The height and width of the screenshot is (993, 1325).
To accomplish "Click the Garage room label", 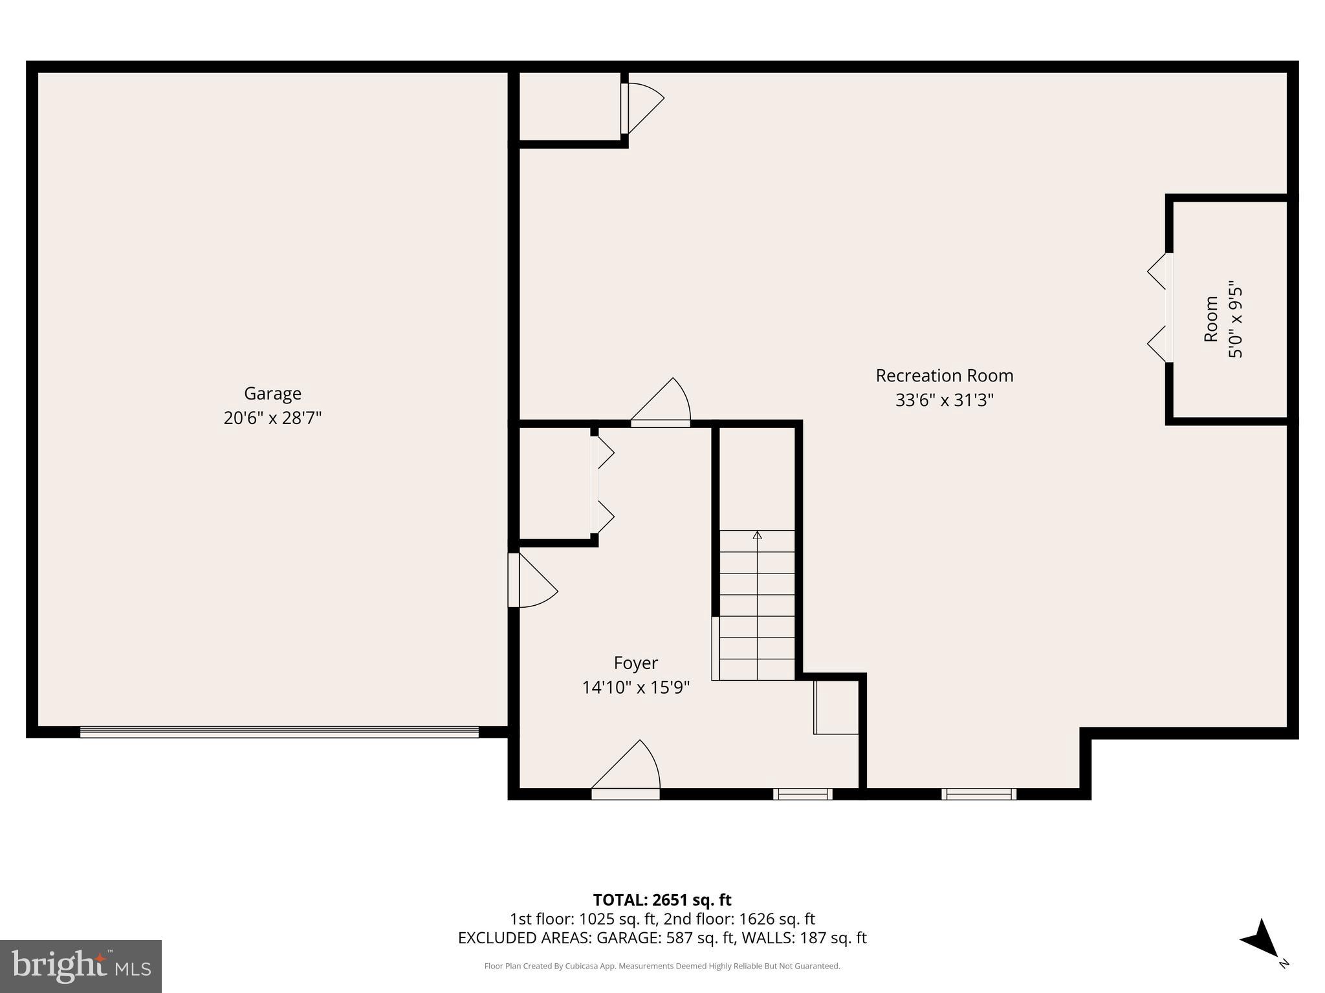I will click(x=272, y=393).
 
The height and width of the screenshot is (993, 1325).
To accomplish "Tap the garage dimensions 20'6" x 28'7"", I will click(x=272, y=418).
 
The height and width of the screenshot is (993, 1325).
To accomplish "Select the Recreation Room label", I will click(x=944, y=376).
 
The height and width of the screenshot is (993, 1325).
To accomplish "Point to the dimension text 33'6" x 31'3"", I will click(x=944, y=400).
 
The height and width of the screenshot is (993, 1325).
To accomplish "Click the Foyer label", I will click(x=635, y=663).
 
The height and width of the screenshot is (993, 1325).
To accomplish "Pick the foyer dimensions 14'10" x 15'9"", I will click(x=635, y=687).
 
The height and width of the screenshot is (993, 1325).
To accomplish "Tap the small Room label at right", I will click(x=1210, y=319).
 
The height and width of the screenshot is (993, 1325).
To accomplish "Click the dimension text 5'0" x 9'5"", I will click(x=1236, y=319).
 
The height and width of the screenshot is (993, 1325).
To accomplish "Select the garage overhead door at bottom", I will click(x=279, y=732).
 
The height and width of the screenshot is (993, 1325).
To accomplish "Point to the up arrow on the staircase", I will click(x=757, y=535).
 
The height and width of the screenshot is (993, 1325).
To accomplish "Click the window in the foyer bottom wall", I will click(x=802, y=794).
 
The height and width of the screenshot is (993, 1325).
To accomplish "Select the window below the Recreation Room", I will click(x=978, y=794).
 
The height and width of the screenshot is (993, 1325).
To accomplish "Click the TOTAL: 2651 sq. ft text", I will click(x=662, y=900).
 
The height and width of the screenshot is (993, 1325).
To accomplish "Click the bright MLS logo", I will click(x=81, y=966).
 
